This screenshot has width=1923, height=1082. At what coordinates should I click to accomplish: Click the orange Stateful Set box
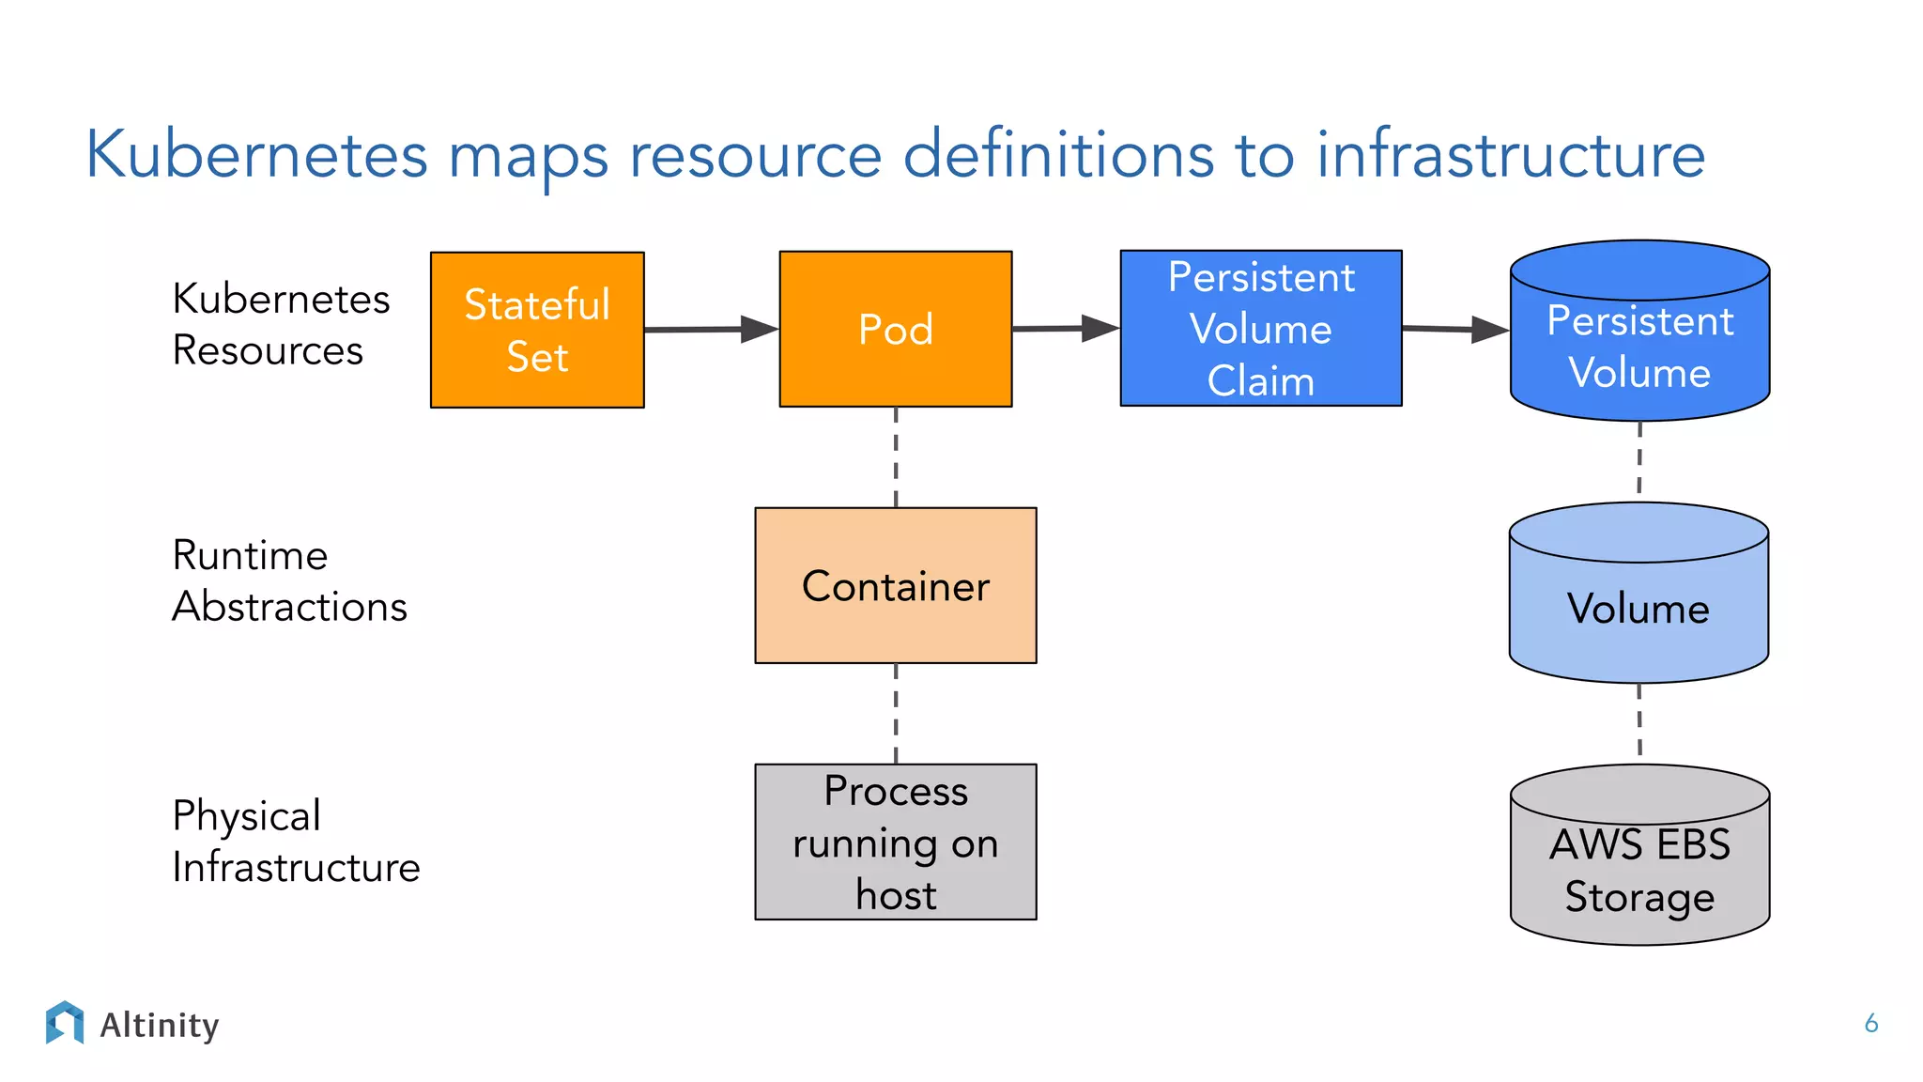(537, 330)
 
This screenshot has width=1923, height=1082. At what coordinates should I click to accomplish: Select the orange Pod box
(895, 329)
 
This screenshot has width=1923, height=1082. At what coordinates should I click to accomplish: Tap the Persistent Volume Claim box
(1260, 329)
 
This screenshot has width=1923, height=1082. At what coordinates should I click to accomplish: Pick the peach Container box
(895, 585)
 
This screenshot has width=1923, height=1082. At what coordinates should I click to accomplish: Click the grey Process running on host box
(895, 842)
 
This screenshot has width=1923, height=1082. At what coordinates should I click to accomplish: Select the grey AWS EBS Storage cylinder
(1639, 869)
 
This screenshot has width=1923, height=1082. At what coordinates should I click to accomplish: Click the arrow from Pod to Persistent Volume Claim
(1065, 329)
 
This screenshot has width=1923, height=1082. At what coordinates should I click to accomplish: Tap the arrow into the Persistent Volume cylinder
(1454, 329)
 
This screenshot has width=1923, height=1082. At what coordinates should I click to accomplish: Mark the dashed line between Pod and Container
(896, 457)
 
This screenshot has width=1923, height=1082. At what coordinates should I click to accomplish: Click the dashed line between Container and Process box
(896, 714)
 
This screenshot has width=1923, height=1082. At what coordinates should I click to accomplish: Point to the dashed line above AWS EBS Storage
(1639, 721)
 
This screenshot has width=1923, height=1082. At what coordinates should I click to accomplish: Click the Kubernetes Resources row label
(280, 324)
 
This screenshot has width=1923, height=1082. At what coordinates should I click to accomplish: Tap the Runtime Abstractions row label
(288, 580)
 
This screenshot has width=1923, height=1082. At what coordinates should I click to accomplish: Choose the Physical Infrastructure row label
(295, 841)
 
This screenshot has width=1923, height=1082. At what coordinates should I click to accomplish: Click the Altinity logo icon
(65, 1022)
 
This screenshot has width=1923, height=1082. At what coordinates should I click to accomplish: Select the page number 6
(1870, 1023)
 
